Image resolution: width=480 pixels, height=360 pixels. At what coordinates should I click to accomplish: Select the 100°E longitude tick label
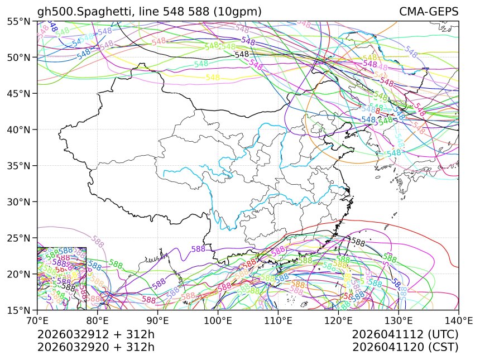(x=218, y=320)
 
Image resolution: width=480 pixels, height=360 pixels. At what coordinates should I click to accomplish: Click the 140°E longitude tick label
(x=458, y=320)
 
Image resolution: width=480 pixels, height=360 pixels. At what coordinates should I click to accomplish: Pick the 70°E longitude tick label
(x=37, y=320)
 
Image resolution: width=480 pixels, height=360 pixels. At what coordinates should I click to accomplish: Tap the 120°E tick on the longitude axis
(x=338, y=320)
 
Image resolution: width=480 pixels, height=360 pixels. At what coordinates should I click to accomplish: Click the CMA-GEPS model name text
(x=429, y=12)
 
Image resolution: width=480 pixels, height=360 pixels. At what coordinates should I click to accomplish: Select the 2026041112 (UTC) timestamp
(x=405, y=334)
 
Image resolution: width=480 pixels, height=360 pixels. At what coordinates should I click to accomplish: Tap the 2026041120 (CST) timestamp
(x=405, y=347)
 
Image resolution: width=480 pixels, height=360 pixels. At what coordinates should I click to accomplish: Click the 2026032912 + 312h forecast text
(x=95, y=334)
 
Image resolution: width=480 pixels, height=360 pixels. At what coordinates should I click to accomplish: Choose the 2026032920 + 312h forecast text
(x=95, y=347)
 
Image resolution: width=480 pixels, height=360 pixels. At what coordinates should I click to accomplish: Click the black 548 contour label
(x=242, y=55)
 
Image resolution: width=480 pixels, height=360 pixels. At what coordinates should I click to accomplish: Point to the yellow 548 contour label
(x=213, y=78)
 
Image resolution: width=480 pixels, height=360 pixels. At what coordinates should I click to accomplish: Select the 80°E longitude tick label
(x=98, y=320)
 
